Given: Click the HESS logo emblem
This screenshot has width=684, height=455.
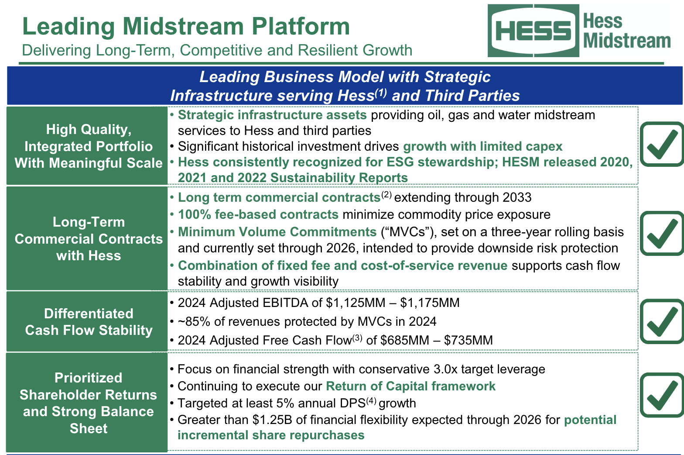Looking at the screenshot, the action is [533, 31].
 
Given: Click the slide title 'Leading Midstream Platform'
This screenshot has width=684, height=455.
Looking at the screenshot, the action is [186, 26].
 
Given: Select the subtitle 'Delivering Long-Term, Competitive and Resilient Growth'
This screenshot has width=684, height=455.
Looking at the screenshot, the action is [217, 50].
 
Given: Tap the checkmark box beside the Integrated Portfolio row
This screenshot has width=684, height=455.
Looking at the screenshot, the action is [662, 144].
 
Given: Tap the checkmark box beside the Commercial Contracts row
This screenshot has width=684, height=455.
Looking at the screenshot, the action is [662, 234].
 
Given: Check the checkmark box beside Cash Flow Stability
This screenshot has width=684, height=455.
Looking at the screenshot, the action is [662, 321].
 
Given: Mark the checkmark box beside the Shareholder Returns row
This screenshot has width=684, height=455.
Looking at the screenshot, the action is [662, 395].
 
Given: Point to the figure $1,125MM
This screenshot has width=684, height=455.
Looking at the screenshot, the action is [356, 303].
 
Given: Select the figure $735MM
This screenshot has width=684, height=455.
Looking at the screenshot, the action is [468, 340].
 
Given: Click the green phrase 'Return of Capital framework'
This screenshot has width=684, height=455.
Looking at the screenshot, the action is [411, 386].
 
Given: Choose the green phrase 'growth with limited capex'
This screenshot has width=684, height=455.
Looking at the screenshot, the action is [483, 146].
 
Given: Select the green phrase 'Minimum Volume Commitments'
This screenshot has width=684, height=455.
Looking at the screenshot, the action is [277, 232].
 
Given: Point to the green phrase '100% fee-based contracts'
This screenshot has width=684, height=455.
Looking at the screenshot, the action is [258, 214].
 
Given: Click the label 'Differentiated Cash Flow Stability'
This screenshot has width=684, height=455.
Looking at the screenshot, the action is [89, 322].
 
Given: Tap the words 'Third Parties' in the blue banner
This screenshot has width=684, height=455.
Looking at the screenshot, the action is [472, 95].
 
